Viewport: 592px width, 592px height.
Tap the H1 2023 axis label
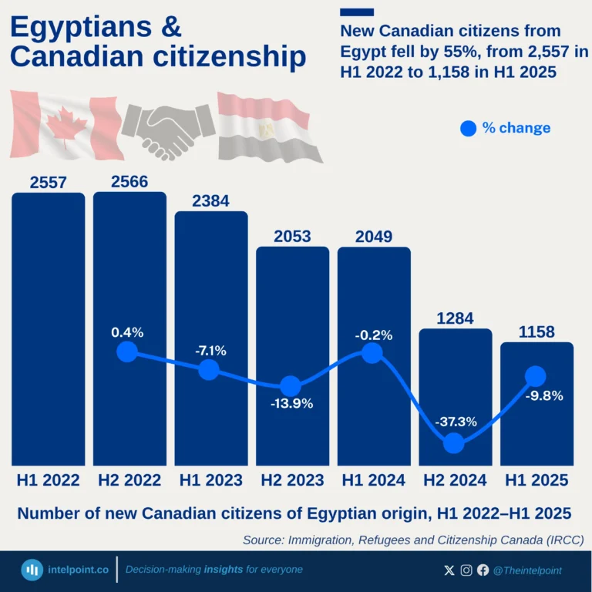pyautogui.click(x=211, y=480)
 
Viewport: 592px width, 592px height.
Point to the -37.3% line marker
pyautogui.click(x=454, y=442)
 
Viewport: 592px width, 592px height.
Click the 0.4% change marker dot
pyautogui.click(x=127, y=351)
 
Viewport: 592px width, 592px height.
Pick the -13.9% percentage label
pyautogui.click(x=291, y=404)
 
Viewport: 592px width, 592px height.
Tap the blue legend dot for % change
pyautogui.click(x=468, y=129)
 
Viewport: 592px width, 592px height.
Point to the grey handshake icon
pyautogui.click(x=168, y=126)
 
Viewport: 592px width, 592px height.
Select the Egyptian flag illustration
pyautogui.click(x=264, y=125)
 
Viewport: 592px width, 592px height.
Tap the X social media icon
pyautogui.click(x=450, y=570)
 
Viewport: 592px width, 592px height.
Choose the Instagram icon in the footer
pyautogui.click(x=466, y=570)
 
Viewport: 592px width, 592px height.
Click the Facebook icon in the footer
pyautogui.click(x=483, y=570)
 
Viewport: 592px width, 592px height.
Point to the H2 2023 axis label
pyautogui.click(x=292, y=480)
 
